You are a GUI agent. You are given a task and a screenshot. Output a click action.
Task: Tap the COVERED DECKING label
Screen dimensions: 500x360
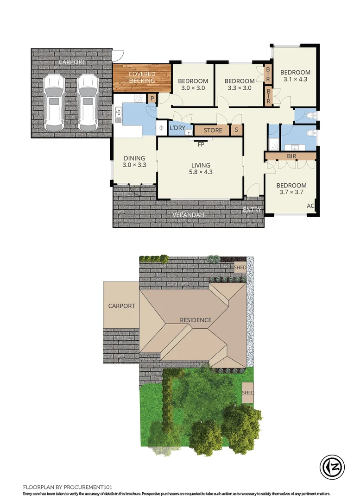(142, 77)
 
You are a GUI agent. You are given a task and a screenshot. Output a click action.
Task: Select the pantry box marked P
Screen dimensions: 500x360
(152, 99)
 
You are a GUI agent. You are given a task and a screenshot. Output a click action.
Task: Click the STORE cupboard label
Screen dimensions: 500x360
(213, 131)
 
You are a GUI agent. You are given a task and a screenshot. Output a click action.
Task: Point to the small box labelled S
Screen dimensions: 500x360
(236, 130)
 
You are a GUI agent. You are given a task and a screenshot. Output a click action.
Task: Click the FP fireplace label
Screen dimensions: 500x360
(201, 144)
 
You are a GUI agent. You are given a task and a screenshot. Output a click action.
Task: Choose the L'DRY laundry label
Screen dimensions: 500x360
(177, 128)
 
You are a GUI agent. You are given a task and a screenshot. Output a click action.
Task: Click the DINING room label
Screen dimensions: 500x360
(134, 158)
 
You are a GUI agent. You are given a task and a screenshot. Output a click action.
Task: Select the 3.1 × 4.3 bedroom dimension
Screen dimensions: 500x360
(295, 79)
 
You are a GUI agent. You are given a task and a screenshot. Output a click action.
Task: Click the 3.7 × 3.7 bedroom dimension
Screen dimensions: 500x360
(292, 193)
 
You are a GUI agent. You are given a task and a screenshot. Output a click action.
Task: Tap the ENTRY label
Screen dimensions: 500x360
(253, 210)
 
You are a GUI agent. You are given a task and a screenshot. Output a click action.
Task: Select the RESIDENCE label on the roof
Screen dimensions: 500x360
(196, 320)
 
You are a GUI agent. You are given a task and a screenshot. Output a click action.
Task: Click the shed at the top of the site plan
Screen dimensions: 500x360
(240, 268)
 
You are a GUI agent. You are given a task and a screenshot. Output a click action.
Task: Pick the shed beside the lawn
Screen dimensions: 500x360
(248, 393)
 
